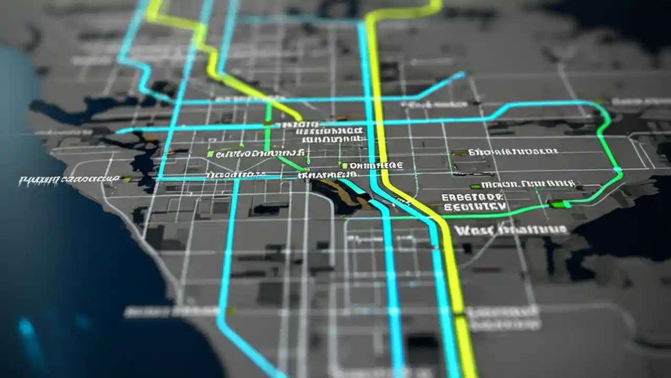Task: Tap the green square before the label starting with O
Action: click(x=345, y=165)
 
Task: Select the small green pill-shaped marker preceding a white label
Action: click(x=475, y=186)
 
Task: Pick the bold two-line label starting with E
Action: click(x=472, y=202)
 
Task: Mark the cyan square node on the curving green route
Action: click(x=618, y=170)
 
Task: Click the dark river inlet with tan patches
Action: click(x=341, y=195)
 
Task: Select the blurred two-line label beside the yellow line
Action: click(x=503, y=318)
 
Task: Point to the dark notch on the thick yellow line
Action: click(x=459, y=314)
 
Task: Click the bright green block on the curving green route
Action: click(x=559, y=204)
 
